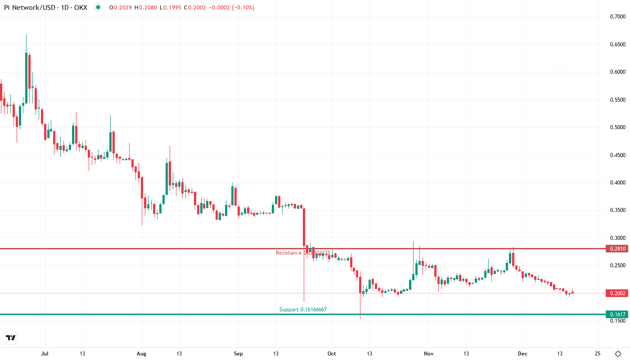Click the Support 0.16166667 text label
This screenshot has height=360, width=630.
point(303,310)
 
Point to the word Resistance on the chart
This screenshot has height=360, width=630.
point(288,253)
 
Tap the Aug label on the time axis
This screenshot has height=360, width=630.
point(142,354)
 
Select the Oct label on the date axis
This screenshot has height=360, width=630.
point(332,354)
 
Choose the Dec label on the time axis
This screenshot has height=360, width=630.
point(522,354)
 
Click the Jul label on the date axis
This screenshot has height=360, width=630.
point(45,354)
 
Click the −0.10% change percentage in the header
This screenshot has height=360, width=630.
point(243,7)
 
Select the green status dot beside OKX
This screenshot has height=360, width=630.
point(98,7)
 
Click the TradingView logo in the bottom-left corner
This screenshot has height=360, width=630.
point(11,337)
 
